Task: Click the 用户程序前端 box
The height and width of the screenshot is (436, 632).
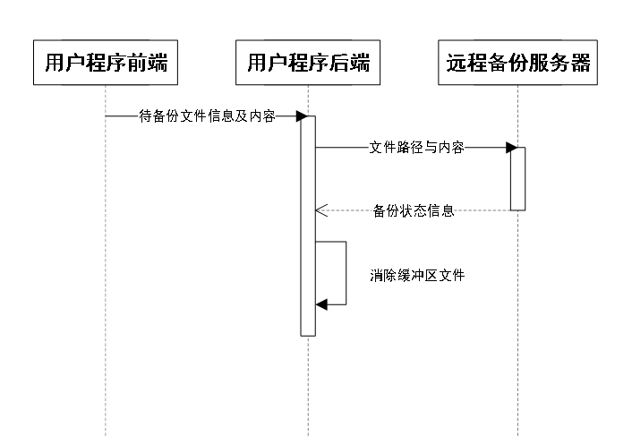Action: [x=106, y=63]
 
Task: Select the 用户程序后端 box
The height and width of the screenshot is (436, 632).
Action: [x=308, y=63]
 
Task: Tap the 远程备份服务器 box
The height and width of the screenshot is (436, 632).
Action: [x=517, y=63]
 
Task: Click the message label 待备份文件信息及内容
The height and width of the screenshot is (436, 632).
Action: [x=207, y=116]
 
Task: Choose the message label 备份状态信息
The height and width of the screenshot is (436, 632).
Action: [x=413, y=211]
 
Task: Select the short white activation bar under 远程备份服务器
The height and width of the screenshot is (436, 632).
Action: [x=517, y=179]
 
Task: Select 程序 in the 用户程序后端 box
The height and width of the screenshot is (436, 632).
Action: [x=308, y=63]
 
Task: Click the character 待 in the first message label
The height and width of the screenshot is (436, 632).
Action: [x=145, y=116]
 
